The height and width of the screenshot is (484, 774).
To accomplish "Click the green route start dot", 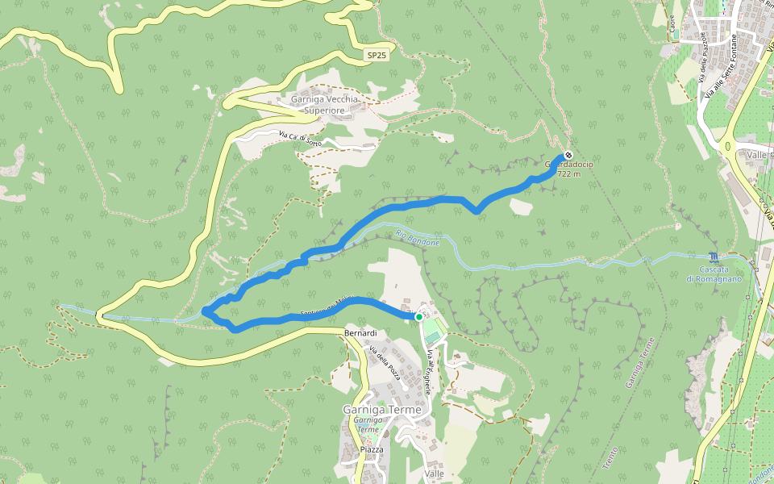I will pyautogui.click(x=419, y=317).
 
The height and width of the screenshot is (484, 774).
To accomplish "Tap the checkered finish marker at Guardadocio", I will pyautogui.click(x=568, y=154).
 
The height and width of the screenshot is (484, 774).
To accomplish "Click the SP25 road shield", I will pyautogui.click(x=376, y=56).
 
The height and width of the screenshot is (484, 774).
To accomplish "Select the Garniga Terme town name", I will pyautogui.click(x=381, y=410).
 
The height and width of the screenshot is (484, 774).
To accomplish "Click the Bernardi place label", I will pyautogui.click(x=360, y=332).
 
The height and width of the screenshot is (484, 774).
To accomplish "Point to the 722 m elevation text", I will pyautogui.click(x=569, y=174).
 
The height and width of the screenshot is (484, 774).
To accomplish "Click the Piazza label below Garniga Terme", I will pyautogui.click(x=372, y=449).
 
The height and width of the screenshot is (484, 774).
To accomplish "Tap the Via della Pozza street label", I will pyautogui.click(x=384, y=363).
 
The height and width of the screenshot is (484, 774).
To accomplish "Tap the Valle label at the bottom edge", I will pyautogui.click(x=434, y=474).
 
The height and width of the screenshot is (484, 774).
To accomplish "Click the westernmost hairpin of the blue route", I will pyautogui.click(x=206, y=311).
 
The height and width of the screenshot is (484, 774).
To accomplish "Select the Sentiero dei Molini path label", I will pyautogui.click(x=316, y=307).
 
